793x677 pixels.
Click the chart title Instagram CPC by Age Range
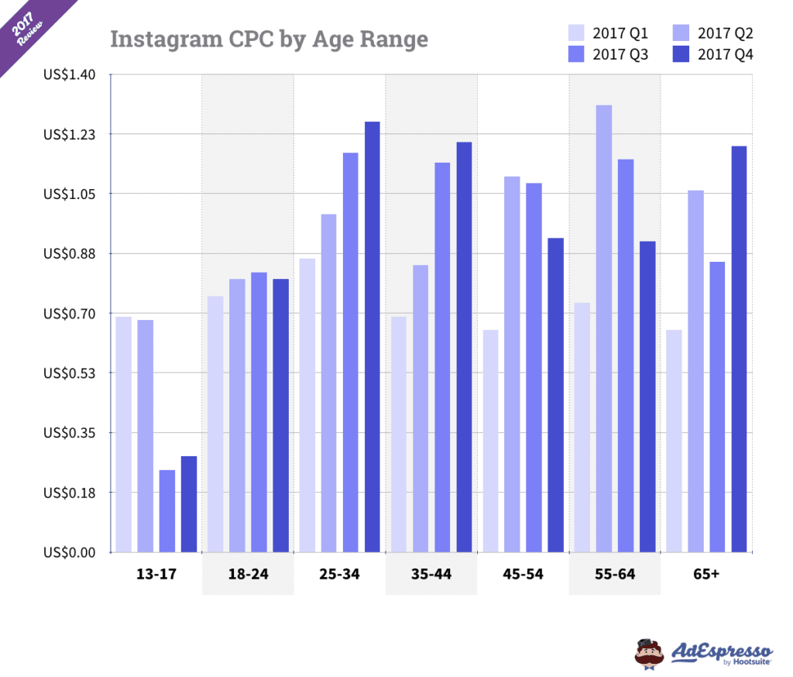coord(269,39)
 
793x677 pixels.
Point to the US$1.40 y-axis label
coord(69,74)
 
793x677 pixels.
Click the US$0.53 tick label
coord(69,373)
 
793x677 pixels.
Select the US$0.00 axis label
coord(69,552)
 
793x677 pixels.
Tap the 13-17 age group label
coord(156,575)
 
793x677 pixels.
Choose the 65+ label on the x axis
coord(705,575)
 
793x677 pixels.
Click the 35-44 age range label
coord(431,575)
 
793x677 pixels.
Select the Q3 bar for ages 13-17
coord(167,511)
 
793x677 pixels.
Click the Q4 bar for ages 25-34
coord(372,337)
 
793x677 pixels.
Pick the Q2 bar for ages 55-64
coord(603,328)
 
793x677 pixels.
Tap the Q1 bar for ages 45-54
coord(490,441)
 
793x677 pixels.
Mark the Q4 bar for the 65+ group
coord(739,349)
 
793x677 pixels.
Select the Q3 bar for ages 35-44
coord(442,357)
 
